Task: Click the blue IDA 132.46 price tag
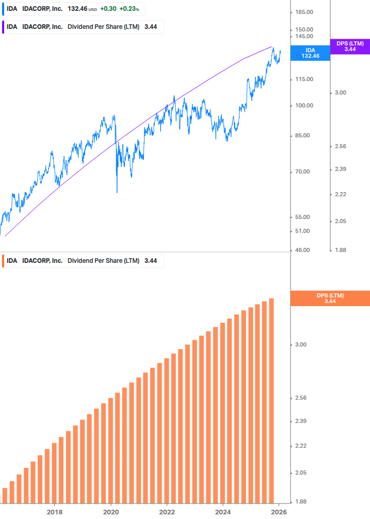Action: coord(310,53)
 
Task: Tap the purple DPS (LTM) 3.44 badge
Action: coord(350,46)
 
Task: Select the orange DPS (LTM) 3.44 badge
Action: coord(330,298)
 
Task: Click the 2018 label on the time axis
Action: coord(55,512)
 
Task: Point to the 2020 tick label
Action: coord(111,512)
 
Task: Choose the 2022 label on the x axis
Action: coord(167,512)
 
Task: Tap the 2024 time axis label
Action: coord(223,512)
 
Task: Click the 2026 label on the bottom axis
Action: coord(279,512)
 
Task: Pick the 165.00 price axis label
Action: coord(304,12)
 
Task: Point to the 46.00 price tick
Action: coord(302,250)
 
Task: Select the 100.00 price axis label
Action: coord(304,105)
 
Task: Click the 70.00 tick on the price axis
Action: coord(302,171)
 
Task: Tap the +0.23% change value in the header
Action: coord(129,9)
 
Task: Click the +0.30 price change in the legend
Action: coord(108,9)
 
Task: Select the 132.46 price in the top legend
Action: coord(77,9)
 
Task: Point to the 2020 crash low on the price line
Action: coord(117,192)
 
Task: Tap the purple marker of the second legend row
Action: coord(3,27)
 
